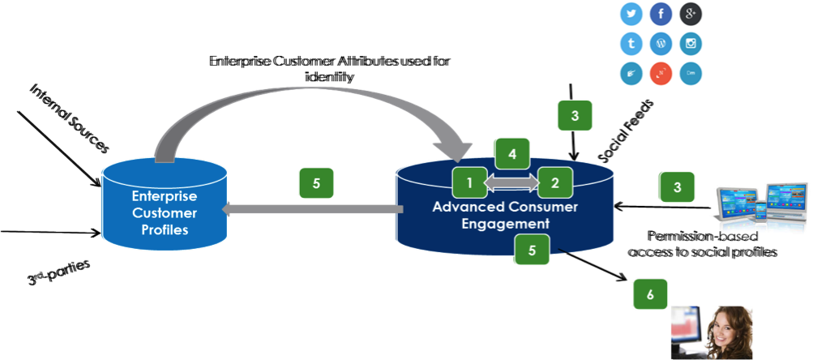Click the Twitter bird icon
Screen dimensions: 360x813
631,15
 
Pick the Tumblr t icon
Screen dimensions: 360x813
631,44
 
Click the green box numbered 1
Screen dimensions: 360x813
469,182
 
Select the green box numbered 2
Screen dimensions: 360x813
555,182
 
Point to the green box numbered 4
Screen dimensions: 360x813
512,153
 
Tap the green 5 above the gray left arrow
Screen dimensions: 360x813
316,183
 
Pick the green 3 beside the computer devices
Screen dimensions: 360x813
677,187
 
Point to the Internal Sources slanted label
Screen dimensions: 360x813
69,117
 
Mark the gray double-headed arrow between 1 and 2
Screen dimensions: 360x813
512,184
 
